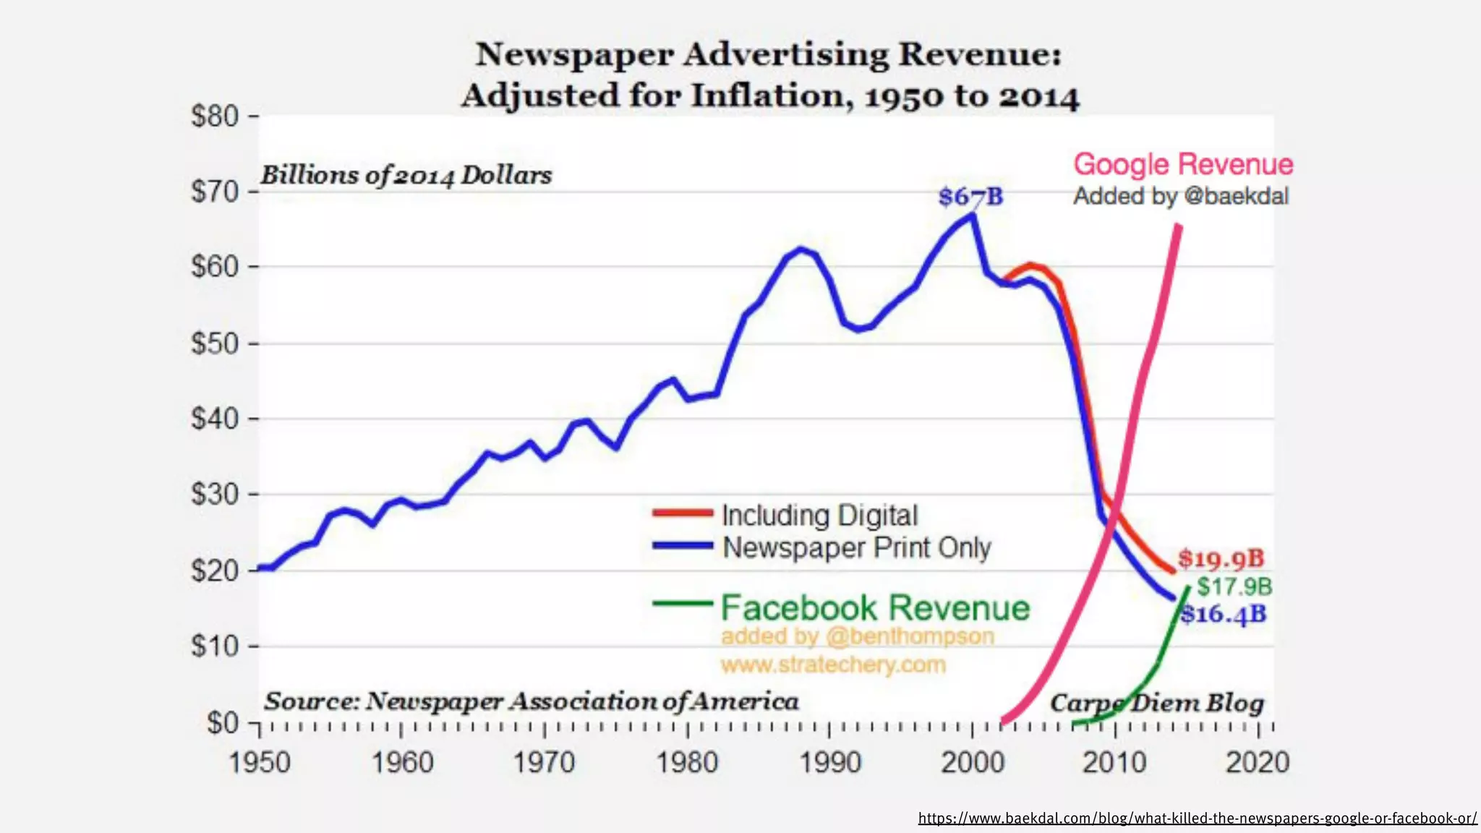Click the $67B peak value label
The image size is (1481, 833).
pos(970,197)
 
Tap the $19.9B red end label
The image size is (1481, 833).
pos(1221,558)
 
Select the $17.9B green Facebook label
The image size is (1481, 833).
pos(1234,586)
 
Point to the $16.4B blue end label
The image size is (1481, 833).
pos(1224,615)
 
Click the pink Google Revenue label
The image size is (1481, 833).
pos(1183,165)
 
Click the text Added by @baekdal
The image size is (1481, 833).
pos(1180,197)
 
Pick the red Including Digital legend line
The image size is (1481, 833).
pos(682,513)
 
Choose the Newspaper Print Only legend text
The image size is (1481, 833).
pos(856,548)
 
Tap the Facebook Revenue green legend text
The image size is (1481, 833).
pos(874,608)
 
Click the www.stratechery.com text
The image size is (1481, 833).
pos(832,665)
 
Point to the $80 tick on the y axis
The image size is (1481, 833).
pos(215,116)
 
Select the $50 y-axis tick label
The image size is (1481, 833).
pos(215,343)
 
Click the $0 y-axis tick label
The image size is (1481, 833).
pos(222,722)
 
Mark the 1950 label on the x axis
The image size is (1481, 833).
pos(259,763)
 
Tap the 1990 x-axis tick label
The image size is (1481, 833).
pos(830,763)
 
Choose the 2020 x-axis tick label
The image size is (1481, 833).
pos(1257,763)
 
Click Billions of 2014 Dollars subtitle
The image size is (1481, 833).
pos(406,175)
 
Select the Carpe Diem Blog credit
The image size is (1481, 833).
pos(1157,703)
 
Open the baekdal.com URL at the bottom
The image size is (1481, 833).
pos(1197,819)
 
